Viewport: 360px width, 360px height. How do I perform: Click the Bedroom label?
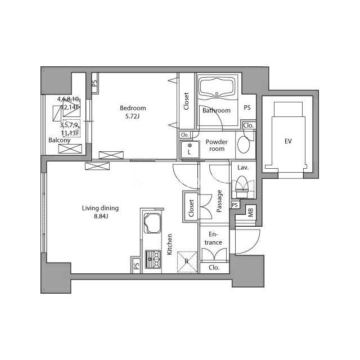pos(133,108)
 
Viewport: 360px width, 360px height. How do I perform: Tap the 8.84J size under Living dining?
pos(101,216)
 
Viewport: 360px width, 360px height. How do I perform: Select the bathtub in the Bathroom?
pos(217,88)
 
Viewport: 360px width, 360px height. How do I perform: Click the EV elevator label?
pos(288,141)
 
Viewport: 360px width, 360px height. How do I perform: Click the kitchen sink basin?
pos(152,223)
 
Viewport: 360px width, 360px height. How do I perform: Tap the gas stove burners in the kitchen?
pos(152,259)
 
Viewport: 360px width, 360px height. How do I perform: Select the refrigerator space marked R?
pos(187,262)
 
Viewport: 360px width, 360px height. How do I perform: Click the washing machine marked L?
pos(190,150)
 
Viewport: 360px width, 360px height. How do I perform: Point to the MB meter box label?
pos(250,213)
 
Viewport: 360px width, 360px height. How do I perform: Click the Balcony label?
pos(59,140)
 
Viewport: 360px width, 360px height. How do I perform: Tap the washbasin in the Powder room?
pos(244,145)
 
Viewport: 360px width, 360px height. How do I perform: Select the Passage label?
pos(219,201)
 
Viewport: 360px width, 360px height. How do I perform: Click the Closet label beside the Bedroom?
pos(186,101)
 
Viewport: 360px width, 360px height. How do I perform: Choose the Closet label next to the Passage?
pos(191,208)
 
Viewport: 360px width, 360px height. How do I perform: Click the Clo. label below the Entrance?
pos(214,268)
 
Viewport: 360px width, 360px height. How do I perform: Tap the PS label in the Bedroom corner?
pos(94,83)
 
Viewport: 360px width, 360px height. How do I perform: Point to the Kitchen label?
pos(169,244)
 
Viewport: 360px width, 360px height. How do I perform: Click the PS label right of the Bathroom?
pos(247,107)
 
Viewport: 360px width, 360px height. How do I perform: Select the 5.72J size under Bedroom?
pos(133,116)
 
